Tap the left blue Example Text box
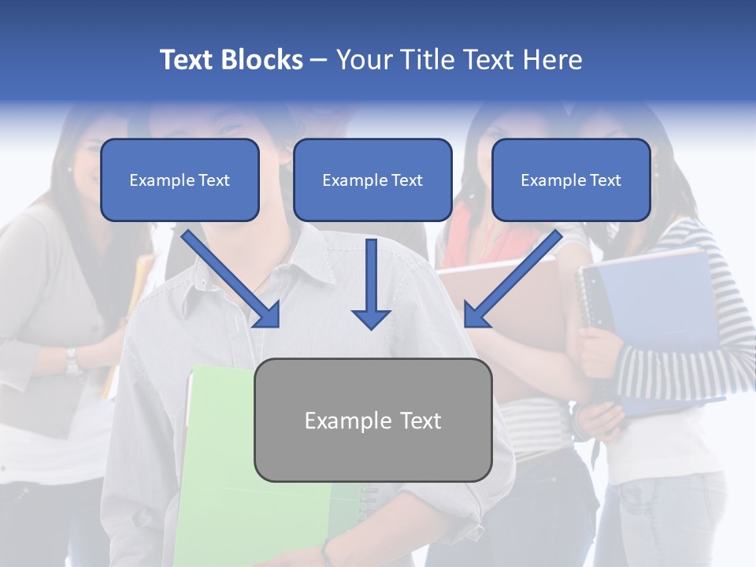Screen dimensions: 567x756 tap(180, 180)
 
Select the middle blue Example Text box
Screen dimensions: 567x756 tap(372, 180)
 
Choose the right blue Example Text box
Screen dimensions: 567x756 tap(571, 180)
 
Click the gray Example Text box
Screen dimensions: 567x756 tap(372, 420)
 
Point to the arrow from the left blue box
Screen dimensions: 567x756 tap(231, 279)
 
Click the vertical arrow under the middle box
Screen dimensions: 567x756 tap(371, 284)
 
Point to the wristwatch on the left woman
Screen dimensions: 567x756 tap(73, 360)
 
